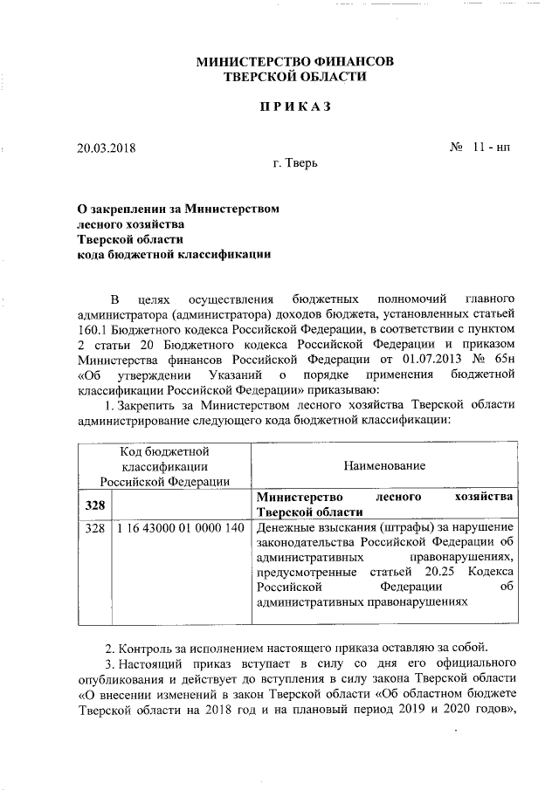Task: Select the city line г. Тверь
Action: (295, 163)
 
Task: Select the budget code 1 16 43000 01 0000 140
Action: (178, 529)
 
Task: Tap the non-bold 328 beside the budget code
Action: (94, 529)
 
